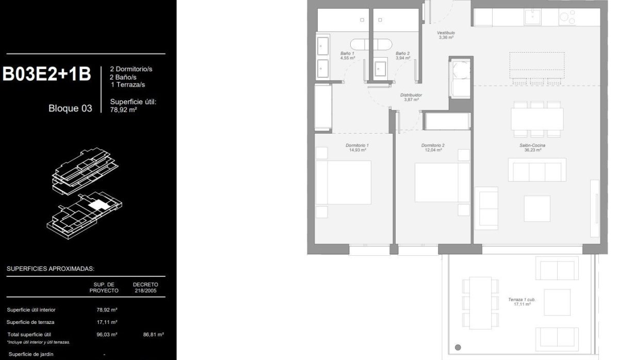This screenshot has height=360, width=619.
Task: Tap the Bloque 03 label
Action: tap(70, 108)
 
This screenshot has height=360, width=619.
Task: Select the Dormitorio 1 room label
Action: tap(357, 148)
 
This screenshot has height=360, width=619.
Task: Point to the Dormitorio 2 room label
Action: tap(433, 148)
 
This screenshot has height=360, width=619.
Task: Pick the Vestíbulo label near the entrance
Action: tap(446, 35)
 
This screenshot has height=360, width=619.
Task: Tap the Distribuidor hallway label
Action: tap(412, 97)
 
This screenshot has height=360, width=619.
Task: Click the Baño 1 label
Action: tap(348, 56)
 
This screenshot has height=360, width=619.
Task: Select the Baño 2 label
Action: tap(403, 56)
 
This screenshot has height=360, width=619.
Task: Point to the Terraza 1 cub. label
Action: tap(523, 302)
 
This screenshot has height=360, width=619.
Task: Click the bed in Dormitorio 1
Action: tap(344, 183)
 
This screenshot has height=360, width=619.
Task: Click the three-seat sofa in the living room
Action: tap(537, 170)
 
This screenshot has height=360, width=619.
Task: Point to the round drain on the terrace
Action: tap(458, 347)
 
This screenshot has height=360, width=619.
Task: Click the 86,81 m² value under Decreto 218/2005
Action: tap(154, 335)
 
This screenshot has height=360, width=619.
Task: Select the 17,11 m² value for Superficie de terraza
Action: tap(107, 322)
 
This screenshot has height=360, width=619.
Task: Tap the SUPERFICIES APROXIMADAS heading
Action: tap(51, 269)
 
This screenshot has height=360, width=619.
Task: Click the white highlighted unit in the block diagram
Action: tap(96, 205)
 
